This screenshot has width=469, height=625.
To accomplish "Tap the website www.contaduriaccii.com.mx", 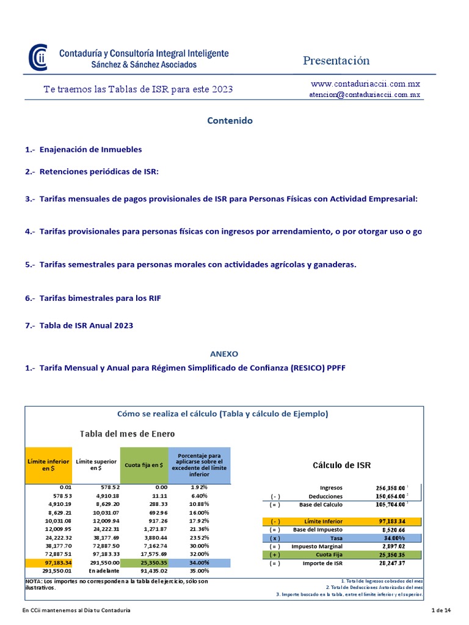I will click(365, 84).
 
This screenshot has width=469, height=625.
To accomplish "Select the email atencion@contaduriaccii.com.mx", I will click(365, 95).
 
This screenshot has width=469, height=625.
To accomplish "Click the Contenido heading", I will click(230, 121).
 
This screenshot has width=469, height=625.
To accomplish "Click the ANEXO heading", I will click(224, 353).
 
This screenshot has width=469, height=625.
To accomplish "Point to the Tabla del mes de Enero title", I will click(127, 433).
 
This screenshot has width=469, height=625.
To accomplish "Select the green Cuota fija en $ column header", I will click(144, 464).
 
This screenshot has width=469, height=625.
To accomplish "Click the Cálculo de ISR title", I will click(341, 465).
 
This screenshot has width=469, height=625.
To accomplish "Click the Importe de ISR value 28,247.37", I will click(392, 564).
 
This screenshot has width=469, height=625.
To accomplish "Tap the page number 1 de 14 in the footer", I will click(440, 610).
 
